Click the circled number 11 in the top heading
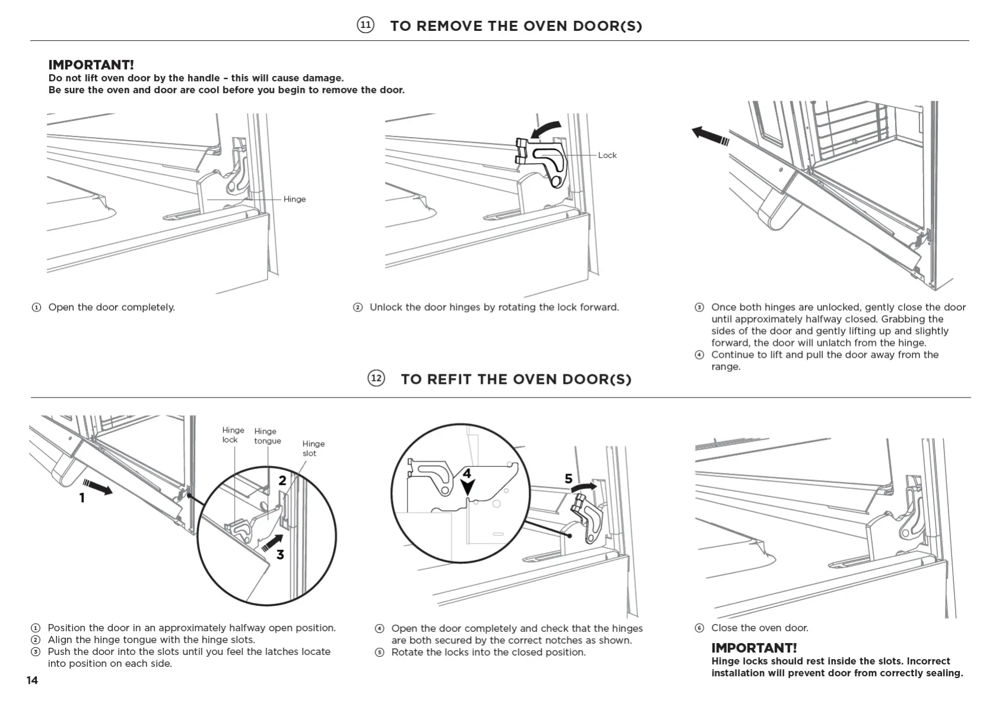click(365, 25)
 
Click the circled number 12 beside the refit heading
click(376, 379)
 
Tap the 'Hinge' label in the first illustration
click(294, 199)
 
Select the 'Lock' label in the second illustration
click(607, 155)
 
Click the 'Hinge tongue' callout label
click(267, 436)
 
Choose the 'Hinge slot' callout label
click(313, 449)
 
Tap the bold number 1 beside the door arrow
click(82, 498)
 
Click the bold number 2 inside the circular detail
click(282, 481)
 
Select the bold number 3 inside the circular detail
click(280, 555)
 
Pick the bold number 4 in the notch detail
click(467, 473)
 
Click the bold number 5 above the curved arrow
click(568, 479)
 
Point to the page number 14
click(32, 680)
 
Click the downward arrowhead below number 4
click(468, 488)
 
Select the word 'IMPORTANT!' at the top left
click(91, 65)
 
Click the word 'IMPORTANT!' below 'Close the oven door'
click(754, 648)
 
